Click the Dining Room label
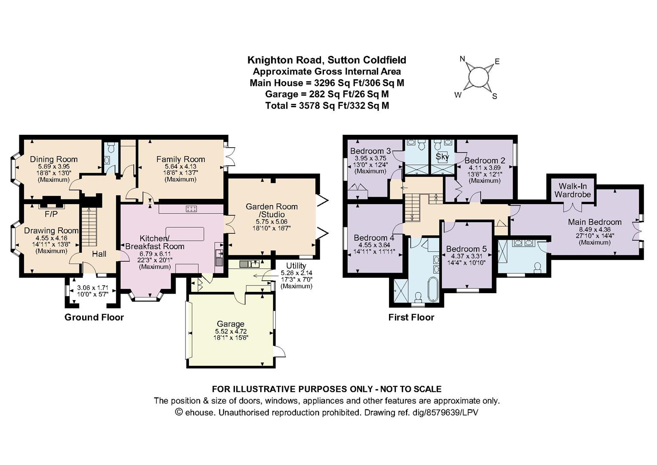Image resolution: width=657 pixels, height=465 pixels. (54, 159)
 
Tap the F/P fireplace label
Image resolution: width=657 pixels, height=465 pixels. (51, 214)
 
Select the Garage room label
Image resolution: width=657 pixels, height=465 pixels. (231, 324)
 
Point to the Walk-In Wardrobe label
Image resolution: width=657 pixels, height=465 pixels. (573, 190)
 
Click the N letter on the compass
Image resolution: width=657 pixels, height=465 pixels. (463, 59)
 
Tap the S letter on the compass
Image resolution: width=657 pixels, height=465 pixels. (494, 96)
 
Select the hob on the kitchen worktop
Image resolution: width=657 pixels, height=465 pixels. (191, 209)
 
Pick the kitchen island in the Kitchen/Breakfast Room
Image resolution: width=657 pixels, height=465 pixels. (185, 234)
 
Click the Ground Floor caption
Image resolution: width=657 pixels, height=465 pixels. (94, 317)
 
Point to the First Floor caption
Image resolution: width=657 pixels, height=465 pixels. (411, 317)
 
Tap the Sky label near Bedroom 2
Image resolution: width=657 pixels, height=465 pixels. (442, 157)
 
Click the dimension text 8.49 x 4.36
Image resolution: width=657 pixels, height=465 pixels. (595, 229)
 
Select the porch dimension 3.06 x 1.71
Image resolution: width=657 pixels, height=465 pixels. (93, 288)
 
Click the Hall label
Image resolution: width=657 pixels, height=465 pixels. (99, 254)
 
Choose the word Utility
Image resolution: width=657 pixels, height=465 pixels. (296, 266)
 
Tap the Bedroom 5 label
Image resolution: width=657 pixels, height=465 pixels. (466, 249)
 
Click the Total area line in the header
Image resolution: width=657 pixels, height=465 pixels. (327, 105)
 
